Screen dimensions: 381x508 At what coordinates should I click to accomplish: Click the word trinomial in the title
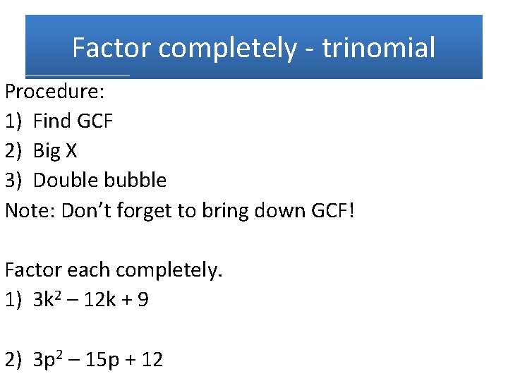[x=378, y=48]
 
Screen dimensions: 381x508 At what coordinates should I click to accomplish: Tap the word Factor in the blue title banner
[x=111, y=48]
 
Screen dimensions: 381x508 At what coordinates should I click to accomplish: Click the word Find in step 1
[x=52, y=121]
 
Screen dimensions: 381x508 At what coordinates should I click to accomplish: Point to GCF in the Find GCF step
[x=95, y=121]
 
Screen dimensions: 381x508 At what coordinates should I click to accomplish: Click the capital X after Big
[x=71, y=151]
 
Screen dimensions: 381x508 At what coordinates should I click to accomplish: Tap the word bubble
[x=135, y=181]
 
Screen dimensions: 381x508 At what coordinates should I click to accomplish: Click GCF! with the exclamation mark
[x=332, y=210]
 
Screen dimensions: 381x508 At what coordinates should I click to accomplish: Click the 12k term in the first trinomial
[x=101, y=300]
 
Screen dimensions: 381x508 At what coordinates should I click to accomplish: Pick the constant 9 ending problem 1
[x=143, y=300]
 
